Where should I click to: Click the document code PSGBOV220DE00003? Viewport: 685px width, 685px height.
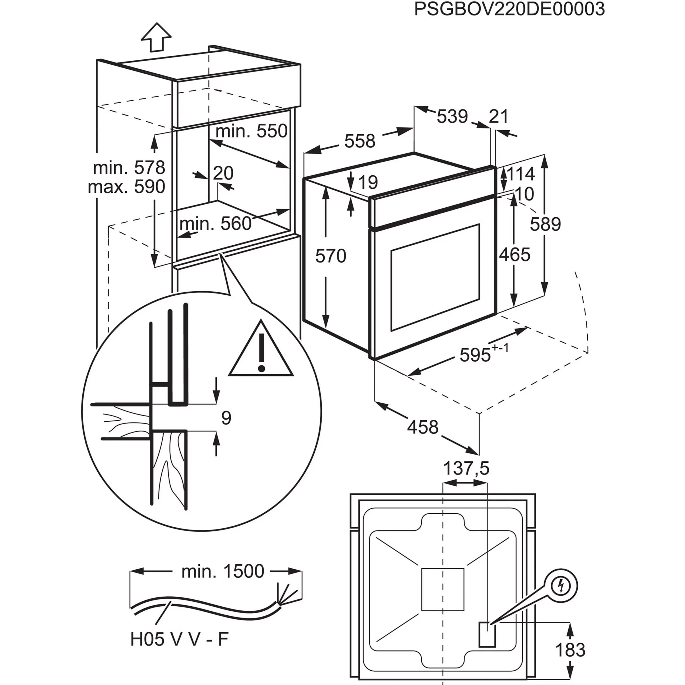[x=509, y=9]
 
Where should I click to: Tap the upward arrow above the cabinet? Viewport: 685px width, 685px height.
[x=156, y=37]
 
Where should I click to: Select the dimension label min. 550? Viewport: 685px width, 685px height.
[x=251, y=131]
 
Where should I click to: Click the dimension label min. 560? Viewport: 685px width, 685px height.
[x=216, y=224]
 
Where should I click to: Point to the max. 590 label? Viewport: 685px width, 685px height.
[x=127, y=187]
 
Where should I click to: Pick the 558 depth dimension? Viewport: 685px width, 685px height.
[x=360, y=141]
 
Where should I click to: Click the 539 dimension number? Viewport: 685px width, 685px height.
[x=452, y=116]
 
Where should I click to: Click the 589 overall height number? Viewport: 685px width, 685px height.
[x=545, y=224]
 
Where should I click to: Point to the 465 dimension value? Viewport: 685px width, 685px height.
[x=515, y=254]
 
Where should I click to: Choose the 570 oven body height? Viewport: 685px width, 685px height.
[x=331, y=256]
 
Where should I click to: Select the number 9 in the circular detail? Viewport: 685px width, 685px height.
[x=226, y=418]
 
